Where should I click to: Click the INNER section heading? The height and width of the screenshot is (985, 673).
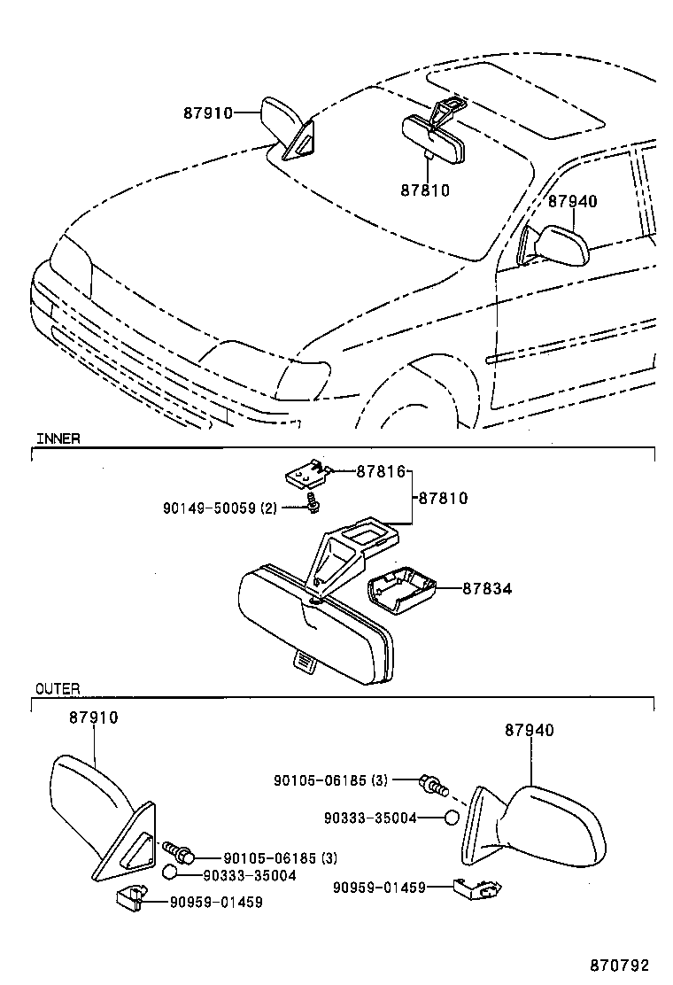(58, 438)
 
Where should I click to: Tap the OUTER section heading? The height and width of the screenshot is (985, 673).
(58, 688)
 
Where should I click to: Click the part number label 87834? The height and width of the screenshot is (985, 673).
(486, 587)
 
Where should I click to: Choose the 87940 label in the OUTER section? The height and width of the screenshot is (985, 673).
(530, 731)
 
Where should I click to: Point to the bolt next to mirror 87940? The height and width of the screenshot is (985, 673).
(434, 784)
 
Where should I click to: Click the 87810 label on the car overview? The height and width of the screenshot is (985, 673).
(425, 190)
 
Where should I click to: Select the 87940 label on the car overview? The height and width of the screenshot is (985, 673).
(572, 201)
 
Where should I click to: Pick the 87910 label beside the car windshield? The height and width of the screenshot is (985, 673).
(208, 112)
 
